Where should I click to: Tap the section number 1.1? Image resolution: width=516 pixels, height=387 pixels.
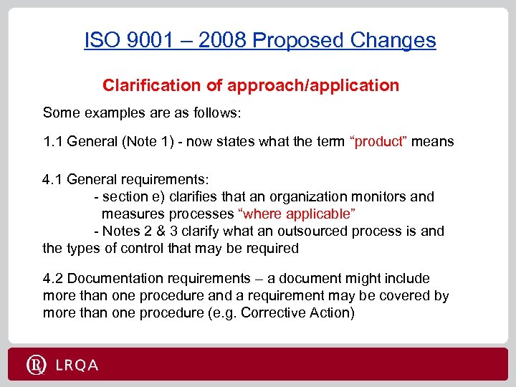pos(53,141)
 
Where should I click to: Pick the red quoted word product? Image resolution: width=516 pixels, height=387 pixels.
pos(378,141)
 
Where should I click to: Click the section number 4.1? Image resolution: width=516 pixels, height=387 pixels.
pos(53,179)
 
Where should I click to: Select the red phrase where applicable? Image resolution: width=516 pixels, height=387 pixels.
pos(297,214)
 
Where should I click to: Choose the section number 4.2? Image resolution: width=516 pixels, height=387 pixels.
pos(53,278)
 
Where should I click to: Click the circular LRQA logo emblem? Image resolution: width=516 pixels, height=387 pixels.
pos(37,365)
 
